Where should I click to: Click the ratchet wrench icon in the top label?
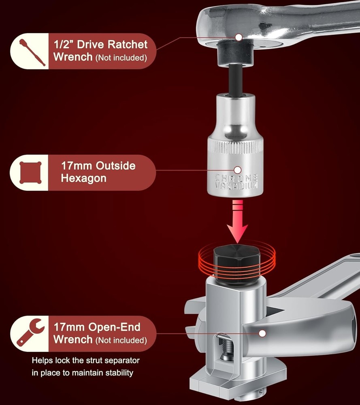32,52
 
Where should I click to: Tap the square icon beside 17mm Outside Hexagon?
30,173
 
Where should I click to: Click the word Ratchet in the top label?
127,45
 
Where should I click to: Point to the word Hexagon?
84,179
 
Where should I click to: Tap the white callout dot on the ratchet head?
239,37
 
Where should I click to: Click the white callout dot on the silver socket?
238,170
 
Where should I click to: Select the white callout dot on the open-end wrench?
262,333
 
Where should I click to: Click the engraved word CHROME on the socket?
236,178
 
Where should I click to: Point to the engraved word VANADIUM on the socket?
236,185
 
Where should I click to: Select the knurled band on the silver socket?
235,148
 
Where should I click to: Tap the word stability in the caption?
119,373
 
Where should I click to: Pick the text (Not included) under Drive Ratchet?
121,58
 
